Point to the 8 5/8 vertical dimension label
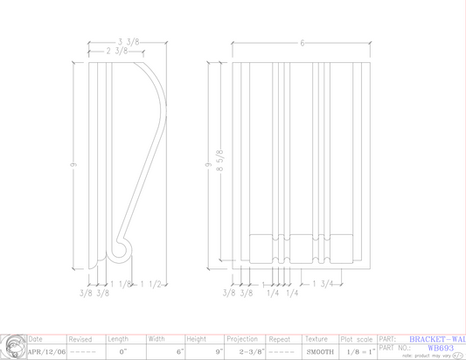[x=220, y=162]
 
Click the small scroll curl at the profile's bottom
[x=122, y=252]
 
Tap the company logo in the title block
[x=12, y=347]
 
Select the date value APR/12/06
[x=46, y=352]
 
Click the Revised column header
[x=80, y=339]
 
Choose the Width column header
[x=157, y=339]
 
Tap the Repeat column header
[x=280, y=339]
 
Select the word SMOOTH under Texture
[x=320, y=352]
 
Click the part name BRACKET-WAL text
[x=437, y=338]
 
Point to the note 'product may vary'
[x=428, y=356]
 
